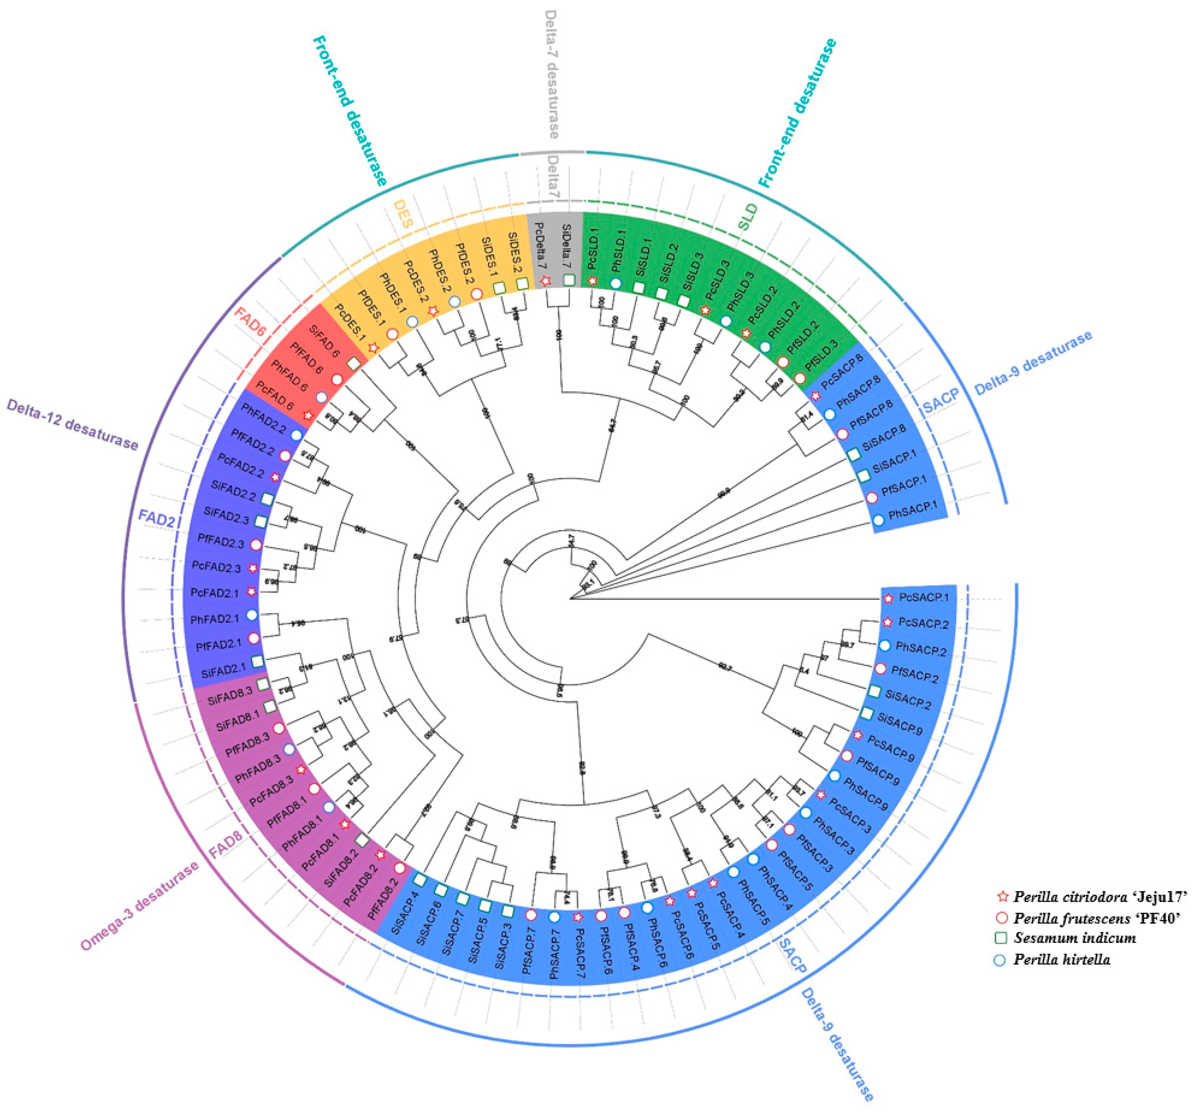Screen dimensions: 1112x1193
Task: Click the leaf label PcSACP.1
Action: pyautogui.click(x=923, y=598)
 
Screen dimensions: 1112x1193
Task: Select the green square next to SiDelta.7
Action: pyautogui.click(x=569, y=280)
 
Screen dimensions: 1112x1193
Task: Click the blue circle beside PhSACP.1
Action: pyautogui.click(x=879, y=520)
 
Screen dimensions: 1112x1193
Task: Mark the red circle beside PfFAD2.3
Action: pyautogui.click(x=255, y=545)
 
